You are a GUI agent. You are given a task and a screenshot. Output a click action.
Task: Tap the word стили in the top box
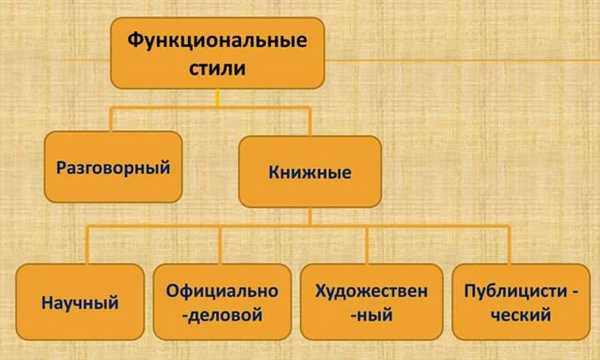coord(214,70)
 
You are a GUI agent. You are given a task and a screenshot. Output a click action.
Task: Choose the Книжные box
coord(309,172)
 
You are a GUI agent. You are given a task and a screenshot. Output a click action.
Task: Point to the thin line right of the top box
coord(460,58)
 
